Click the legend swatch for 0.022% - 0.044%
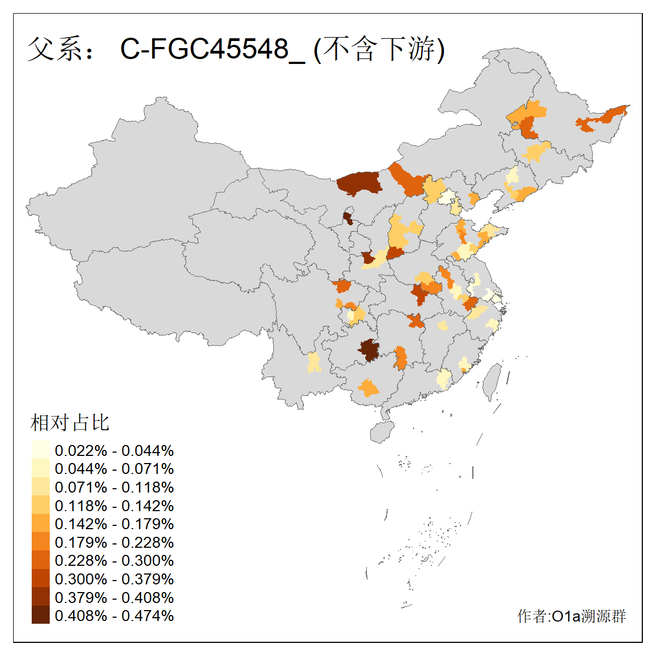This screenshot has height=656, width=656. click(x=40, y=450)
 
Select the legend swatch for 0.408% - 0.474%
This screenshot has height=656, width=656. click(x=40, y=615)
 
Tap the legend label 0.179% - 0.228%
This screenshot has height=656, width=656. click(x=114, y=542)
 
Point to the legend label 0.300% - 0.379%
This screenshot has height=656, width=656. click(x=114, y=579)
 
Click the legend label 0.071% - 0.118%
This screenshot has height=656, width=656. click(x=114, y=487)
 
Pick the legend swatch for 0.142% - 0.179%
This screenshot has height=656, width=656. click(x=40, y=524)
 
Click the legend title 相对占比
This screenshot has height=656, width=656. click(x=70, y=423)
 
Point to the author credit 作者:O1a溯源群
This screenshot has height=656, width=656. click(x=571, y=617)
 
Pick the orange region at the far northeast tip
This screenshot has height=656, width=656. click(x=607, y=116)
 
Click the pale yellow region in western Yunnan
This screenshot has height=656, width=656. click(x=314, y=362)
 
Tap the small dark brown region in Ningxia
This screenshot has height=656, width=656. click(x=348, y=218)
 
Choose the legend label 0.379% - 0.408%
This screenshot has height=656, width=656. click(x=114, y=598)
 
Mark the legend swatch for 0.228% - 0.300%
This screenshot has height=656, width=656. click(x=40, y=560)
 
